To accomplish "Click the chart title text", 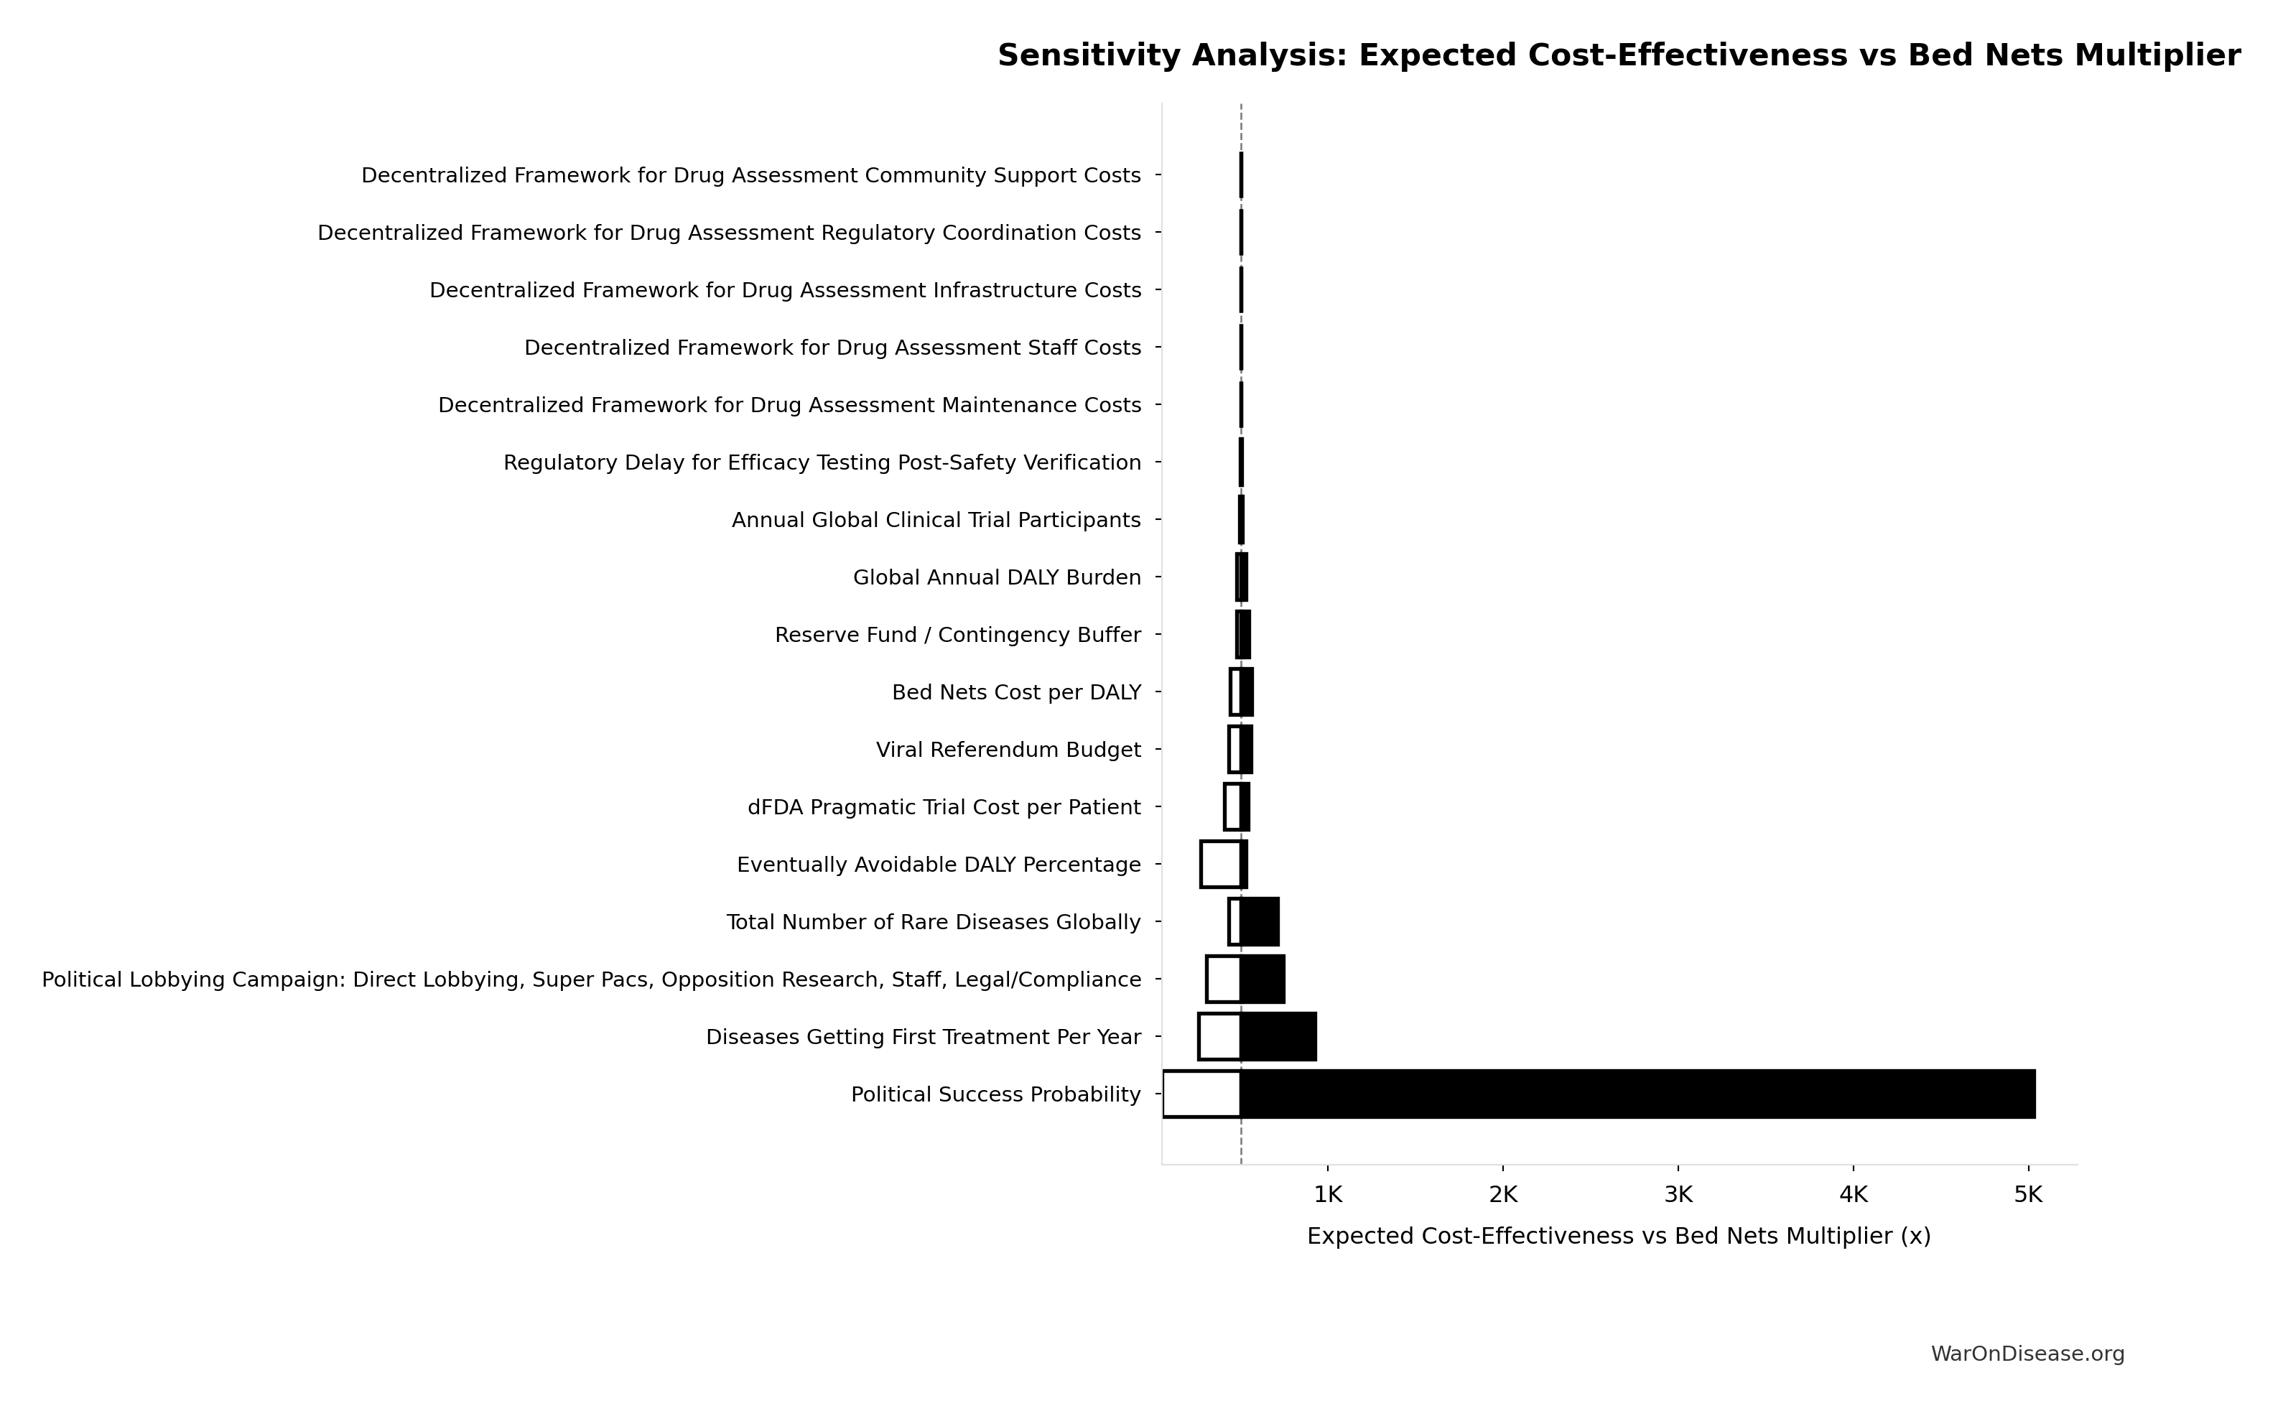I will (1618, 56).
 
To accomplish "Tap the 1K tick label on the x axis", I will (1328, 1195).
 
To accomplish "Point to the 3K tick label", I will (1678, 1195).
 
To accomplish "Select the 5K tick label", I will (2027, 1195).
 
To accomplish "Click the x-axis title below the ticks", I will (1618, 1236).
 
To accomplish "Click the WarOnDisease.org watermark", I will (2027, 1354).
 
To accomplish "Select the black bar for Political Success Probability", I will (1637, 1094).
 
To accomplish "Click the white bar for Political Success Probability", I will (1201, 1094).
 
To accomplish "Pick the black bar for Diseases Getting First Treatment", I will (1278, 1037).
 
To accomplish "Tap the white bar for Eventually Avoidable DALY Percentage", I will (1220, 864).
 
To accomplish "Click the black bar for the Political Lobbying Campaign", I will (1262, 979).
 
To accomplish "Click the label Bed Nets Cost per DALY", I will (1015, 693).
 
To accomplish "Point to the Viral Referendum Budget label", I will (1008, 750).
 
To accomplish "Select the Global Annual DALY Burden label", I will (996, 577).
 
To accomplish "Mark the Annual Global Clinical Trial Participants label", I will (936, 520).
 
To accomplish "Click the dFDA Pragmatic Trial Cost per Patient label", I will (944, 807).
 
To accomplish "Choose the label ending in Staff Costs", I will (832, 348).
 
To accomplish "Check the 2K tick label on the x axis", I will (1503, 1195).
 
